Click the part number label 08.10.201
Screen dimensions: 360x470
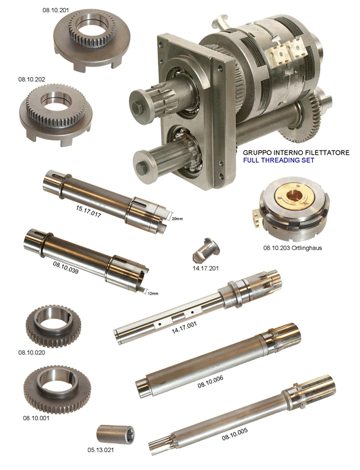(55, 10)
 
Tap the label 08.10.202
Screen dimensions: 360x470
(31, 79)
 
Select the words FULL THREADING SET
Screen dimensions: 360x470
(278, 160)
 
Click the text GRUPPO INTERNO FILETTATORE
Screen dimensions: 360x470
(296, 152)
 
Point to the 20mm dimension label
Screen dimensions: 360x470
(177, 219)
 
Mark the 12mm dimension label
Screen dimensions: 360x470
(153, 293)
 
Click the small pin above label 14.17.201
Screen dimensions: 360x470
(206, 251)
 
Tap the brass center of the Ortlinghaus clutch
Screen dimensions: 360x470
(295, 197)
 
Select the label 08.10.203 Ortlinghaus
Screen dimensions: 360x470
(292, 248)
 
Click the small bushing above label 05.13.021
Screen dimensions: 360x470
(115, 434)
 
